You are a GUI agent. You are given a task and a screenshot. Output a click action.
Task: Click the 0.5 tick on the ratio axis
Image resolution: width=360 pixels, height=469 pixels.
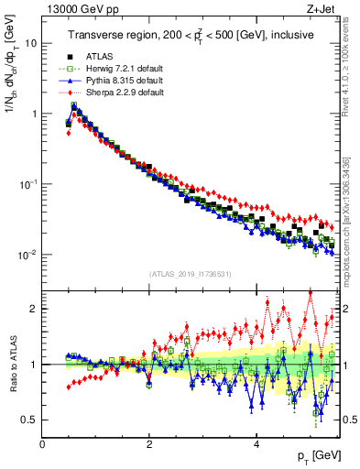pyautogui.click(x=28, y=420)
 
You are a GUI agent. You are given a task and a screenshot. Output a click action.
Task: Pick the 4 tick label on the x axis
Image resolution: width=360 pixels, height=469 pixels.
pyautogui.click(x=256, y=444)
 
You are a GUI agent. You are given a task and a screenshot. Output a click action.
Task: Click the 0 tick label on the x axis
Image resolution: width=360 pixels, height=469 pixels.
pyautogui.click(x=42, y=444)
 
